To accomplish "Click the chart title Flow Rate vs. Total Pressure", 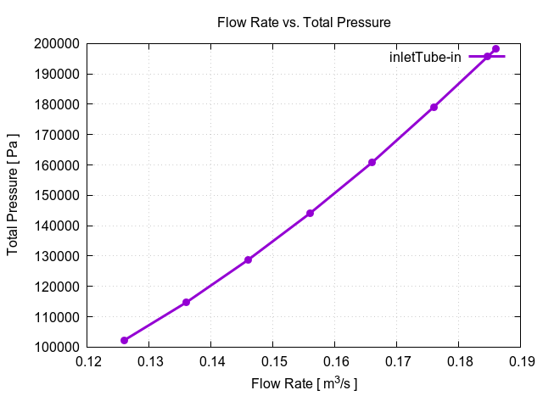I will click(304, 22).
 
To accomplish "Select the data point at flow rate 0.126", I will click(124, 340).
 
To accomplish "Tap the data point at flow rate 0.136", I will click(186, 302).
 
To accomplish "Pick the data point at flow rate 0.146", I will click(248, 259).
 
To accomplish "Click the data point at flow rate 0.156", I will click(310, 213).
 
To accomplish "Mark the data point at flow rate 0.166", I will click(372, 162).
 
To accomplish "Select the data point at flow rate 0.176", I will click(434, 107).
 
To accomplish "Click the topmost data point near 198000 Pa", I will click(495, 49).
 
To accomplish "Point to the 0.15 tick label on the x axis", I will click(272, 363).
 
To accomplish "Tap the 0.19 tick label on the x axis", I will click(520, 363).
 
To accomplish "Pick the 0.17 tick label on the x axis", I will click(396, 363).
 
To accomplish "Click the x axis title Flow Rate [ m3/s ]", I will click(304, 384).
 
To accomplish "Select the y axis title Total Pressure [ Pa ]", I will click(14, 195).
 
